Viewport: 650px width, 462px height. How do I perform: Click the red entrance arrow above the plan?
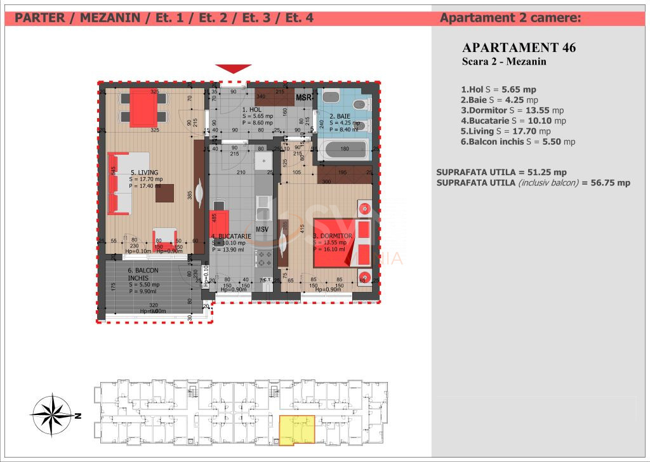pyautogui.click(x=233, y=69)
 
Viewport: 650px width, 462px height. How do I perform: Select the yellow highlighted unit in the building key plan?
pyautogui.click(x=296, y=430)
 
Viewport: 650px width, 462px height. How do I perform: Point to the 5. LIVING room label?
pyautogui.click(x=145, y=172)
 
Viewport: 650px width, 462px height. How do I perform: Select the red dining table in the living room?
pyautogui.click(x=143, y=108)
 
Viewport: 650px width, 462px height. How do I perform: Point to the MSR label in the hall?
pyautogui.click(x=303, y=98)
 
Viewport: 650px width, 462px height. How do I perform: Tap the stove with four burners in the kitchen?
pyautogui.click(x=263, y=258)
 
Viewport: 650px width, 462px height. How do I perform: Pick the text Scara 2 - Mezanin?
pyautogui.click(x=504, y=62)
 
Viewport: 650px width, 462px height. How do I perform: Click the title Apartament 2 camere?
pyautogui.click(x=510, y=18)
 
